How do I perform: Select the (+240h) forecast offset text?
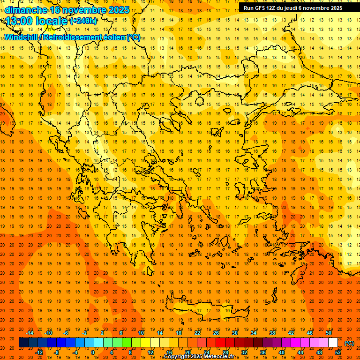click(x=83, y=21)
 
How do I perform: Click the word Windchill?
click(x=22, y=37)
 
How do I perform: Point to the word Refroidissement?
click(x=73, y=37)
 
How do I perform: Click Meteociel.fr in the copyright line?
click(x=222, y=357)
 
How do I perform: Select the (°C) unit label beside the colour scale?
click(x=349, y=343)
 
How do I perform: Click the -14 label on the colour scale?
click(x=30, y=333)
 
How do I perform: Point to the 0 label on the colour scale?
click(x=92, y=352)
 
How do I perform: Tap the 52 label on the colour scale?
click(x=338, y=352)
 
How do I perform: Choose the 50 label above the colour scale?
click(x=329, y=333)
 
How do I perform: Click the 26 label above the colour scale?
click(x=216, y=333)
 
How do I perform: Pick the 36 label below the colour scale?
click(x=263, y=352)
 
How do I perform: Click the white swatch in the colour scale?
click(x=333, y=343)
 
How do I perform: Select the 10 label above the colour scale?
click(x=141, y=333)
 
